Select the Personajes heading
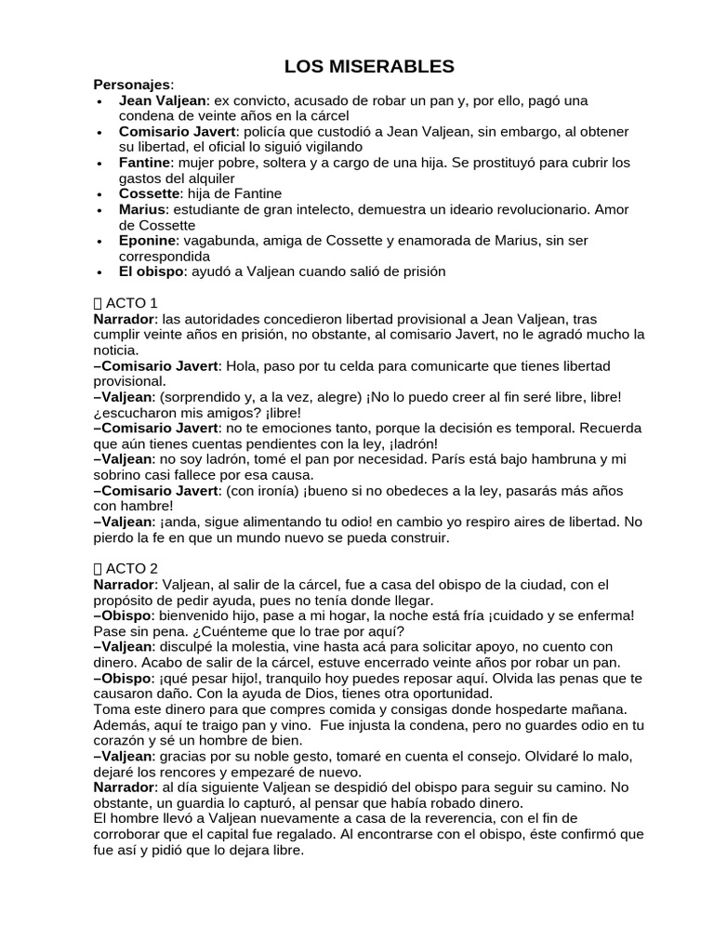point(132,84)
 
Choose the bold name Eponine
point(147,241)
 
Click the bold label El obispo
point(152,271)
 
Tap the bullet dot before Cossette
point(99,194)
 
